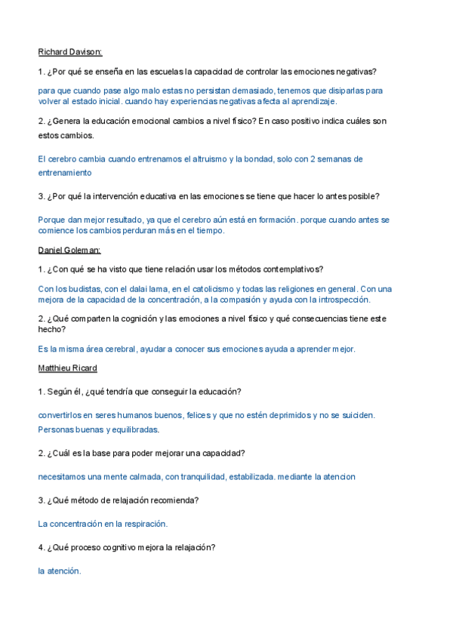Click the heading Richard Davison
click(x=69, y=52)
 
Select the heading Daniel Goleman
click(x=69, y=250)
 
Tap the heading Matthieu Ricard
click(x=67, y=368)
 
